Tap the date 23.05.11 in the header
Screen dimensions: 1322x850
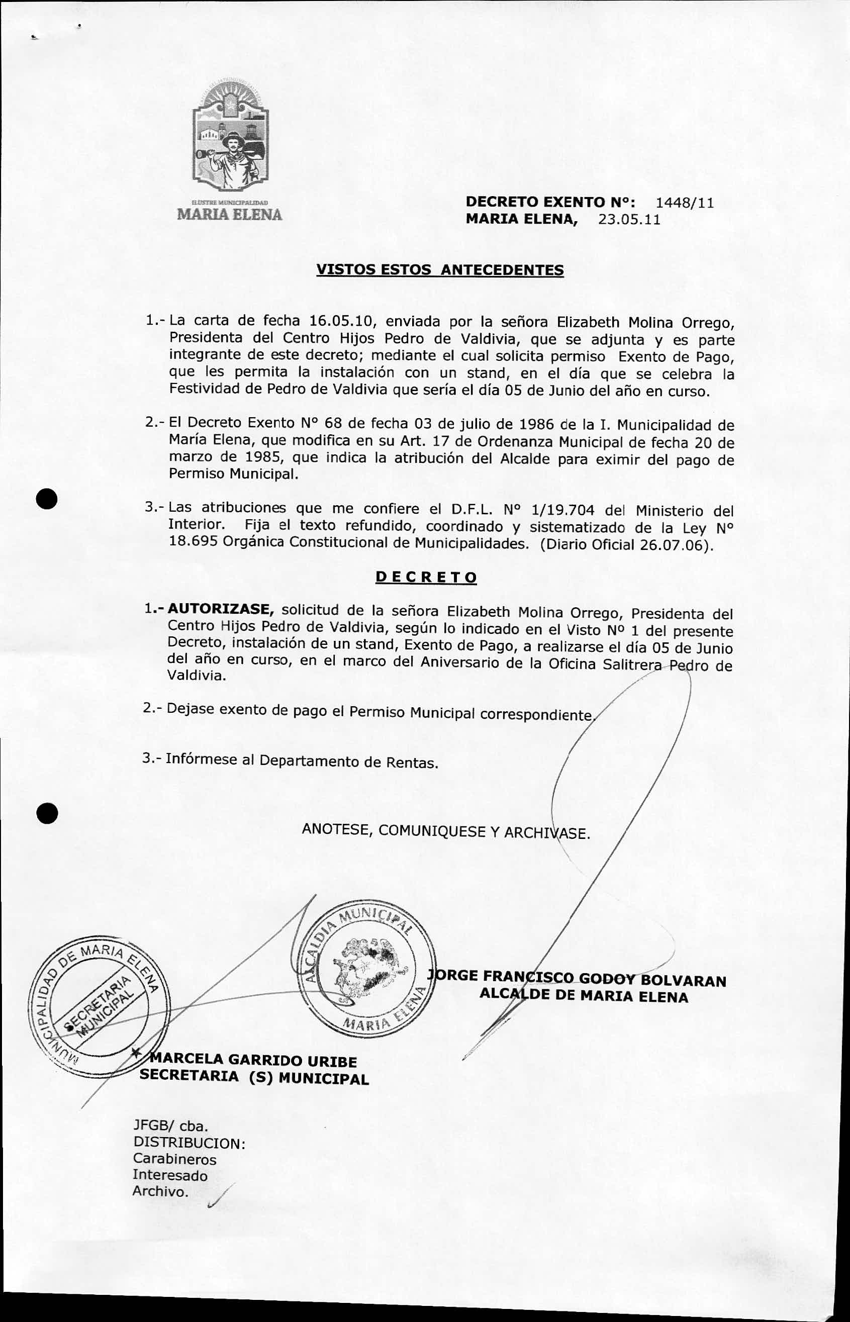tap(629, 220)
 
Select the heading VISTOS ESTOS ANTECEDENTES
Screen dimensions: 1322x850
tap(440, 270)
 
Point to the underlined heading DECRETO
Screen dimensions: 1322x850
tap(426, 578)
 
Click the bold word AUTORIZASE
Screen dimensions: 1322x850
tap(221, 609)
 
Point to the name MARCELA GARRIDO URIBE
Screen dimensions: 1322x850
tap(254, 1060)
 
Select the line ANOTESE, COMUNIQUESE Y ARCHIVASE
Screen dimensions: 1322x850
tap(446, 831)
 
